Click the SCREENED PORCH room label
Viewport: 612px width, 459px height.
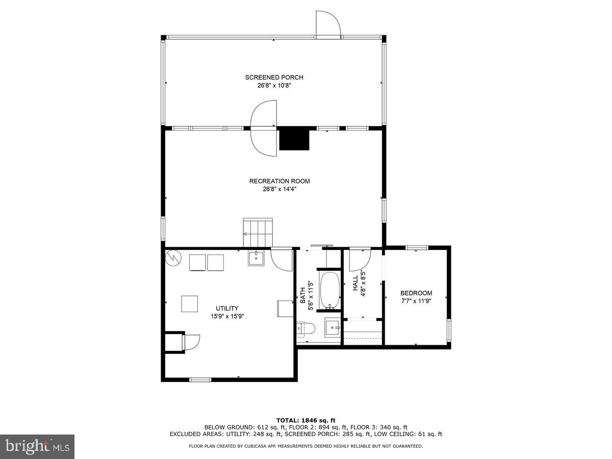274,78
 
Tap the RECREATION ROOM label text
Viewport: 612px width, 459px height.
279,181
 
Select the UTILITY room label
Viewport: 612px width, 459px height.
227,308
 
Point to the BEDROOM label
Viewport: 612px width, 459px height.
416,293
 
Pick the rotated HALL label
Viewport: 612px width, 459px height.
355,284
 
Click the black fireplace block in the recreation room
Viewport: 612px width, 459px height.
294,139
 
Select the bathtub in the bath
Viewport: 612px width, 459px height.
329,291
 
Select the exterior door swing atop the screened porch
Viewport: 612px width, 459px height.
327,24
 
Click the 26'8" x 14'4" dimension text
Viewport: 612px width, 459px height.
279,189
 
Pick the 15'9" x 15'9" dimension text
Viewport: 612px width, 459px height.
227,316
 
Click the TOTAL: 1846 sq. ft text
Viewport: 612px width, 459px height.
306,420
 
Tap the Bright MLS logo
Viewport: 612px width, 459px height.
37,447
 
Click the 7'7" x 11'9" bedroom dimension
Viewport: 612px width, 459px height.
416,301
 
